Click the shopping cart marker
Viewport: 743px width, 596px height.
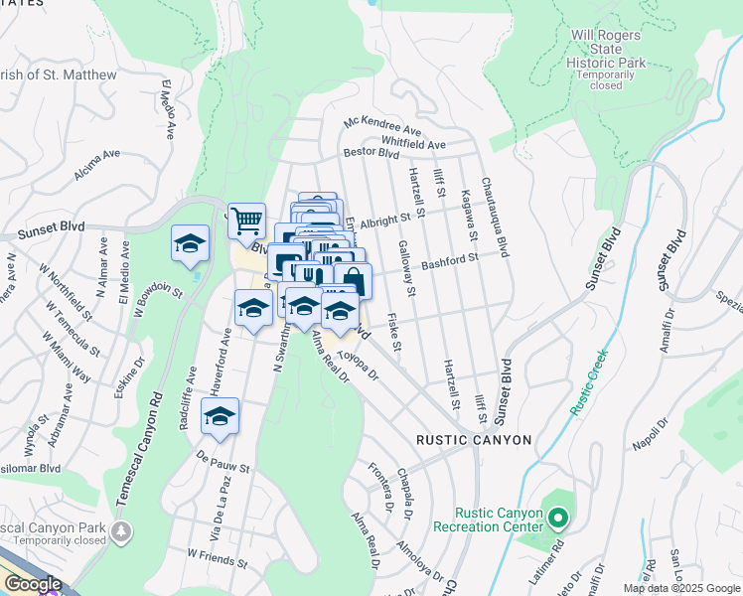pos(246,221)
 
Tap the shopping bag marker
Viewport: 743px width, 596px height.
pos(353,280)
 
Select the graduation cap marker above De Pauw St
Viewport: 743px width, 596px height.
pos(220,416)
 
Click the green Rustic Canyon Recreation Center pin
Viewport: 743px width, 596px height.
pos(558,518)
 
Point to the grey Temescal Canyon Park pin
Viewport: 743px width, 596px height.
pos(121,532)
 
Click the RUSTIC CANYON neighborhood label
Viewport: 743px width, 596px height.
pos(474,439)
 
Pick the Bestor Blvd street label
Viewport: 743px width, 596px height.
pos(371,153)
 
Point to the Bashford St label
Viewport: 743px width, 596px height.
pos(450,260)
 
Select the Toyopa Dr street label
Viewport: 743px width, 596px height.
pos(359,365)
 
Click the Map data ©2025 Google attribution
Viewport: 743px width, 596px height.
pos(681,588)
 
